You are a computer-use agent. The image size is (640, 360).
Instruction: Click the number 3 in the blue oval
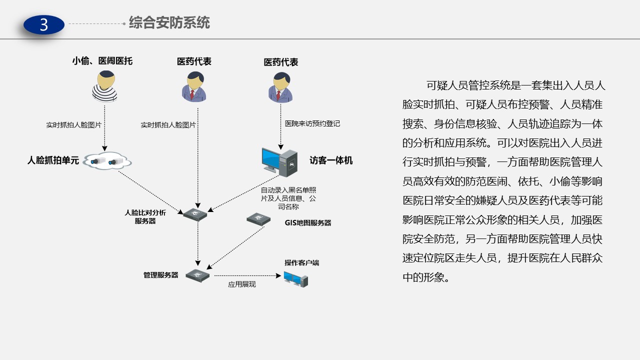(44, 24)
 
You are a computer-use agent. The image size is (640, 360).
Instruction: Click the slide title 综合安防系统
(169, 22)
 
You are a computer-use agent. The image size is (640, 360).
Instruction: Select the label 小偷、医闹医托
(102, 61)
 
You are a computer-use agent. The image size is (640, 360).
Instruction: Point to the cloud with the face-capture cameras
(107, 161)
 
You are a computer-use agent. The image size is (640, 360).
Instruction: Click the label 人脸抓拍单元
(53, 161)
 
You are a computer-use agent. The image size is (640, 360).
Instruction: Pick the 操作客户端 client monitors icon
(295, 278)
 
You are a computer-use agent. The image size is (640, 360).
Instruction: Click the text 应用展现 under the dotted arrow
(242, 284)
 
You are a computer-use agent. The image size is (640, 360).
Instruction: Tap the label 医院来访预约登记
(312, 123)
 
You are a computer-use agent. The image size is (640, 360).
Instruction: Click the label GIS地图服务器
(304, 223)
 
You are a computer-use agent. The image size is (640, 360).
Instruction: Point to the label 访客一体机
(331, 160)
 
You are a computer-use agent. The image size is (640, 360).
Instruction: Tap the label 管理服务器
(160, 275)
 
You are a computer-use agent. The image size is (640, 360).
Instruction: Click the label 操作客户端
(302, 263)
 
